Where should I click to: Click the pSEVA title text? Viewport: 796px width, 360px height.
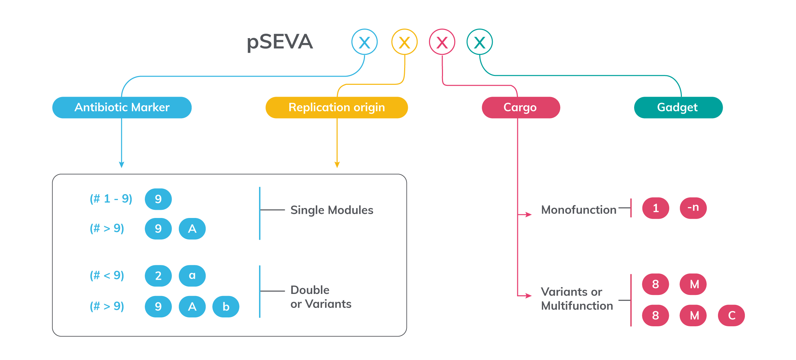pos(279,42)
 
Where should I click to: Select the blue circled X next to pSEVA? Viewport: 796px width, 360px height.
pos(364,42)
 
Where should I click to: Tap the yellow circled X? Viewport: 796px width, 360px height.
pos(404,42)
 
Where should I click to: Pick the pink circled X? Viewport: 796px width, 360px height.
pos(442,42)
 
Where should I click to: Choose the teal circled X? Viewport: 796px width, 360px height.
pos(479,42)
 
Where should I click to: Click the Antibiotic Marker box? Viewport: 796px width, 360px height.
pos(122,107)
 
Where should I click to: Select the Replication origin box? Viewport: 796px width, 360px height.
pos(336,107)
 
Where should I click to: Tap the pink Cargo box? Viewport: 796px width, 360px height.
pos(520,107)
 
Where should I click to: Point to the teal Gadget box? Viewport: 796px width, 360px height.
pos(678,107)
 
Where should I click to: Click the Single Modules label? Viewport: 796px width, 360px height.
pos(332,210)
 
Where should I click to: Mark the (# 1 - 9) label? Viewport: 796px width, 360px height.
pos(111,199)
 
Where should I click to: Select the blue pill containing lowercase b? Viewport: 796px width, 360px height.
pos(226,307)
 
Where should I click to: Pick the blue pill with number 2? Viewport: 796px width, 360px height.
pos(158,276)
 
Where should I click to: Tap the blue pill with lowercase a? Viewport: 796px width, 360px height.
pos(192,276)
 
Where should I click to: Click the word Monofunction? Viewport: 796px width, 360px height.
pos(579,210)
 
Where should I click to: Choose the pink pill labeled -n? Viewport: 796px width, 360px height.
pos(693,208)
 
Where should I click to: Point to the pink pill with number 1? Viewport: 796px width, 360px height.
pos(656,208)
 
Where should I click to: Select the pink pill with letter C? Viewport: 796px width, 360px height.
pos(731,315)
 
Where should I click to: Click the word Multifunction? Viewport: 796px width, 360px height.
pos(577,306)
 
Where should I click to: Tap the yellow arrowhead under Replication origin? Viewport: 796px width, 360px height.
pos(337,165)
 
